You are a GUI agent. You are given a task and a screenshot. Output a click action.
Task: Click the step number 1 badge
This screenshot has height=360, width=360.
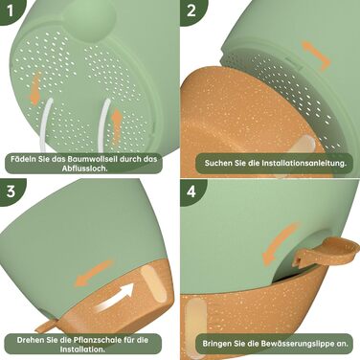[x=10, y=11]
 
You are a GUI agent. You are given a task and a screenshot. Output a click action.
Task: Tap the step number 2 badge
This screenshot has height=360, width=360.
[x=191, y=11]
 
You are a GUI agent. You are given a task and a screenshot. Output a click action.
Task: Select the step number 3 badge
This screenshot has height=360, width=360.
[x=11, y=191]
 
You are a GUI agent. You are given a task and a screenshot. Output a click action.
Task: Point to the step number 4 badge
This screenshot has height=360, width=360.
[x=191, y=191]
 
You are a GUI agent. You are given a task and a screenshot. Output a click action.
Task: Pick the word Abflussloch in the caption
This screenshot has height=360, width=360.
[x=84, y=169]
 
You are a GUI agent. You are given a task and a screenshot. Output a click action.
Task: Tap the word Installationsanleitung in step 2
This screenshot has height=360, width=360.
[x=304, y=163]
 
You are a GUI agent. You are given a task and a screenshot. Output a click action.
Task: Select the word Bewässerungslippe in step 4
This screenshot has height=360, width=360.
[x=300, y=344]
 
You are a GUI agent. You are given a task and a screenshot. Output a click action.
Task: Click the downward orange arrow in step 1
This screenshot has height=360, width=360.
[x=35, y=88]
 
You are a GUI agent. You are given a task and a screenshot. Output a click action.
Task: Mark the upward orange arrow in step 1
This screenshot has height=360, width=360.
[x=117, y=125]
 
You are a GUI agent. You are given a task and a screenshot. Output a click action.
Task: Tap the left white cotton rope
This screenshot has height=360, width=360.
[x=45, y=125]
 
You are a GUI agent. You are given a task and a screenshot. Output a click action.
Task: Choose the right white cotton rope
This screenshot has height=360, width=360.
[x=103, y=124]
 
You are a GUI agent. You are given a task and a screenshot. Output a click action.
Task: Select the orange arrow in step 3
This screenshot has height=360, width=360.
[x=93, y=273]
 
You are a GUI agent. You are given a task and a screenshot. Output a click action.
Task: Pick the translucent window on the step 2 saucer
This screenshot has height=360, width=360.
[x=302, y=146]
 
